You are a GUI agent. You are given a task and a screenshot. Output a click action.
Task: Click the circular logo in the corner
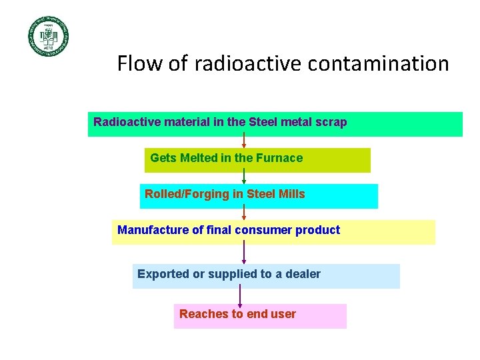coord(48,36)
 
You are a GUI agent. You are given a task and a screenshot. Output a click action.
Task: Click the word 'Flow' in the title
coord(137,63)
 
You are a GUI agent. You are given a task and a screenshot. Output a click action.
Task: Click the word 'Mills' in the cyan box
coord(291,194)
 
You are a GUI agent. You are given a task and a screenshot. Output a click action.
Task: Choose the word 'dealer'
coord(303,273)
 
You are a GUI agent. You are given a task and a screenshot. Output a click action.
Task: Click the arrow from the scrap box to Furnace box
coord(244,140)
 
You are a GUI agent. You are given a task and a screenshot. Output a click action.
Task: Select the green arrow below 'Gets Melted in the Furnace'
coord(244,176)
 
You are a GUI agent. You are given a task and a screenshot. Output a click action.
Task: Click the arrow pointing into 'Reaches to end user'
coord(240,295)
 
